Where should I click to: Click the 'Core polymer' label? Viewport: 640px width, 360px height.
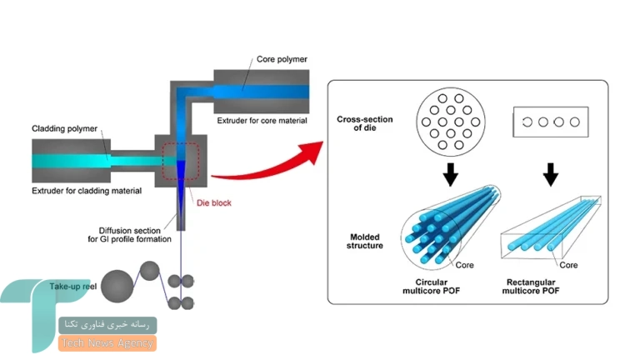tap(282, 59)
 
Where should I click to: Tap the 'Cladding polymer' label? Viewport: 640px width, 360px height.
tap(64, 128)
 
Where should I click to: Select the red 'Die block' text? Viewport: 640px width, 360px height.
tap(214, 202)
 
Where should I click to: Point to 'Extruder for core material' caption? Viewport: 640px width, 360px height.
tap(262, 121)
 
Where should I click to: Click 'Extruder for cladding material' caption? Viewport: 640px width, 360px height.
tap(87, 191)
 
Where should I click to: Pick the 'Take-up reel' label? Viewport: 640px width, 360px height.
tap(73, 286)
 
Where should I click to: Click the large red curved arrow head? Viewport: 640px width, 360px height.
tap(312, 151)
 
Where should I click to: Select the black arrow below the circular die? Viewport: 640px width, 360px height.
tap(450, 175)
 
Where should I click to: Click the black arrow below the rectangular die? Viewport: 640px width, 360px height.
tap(551, 175)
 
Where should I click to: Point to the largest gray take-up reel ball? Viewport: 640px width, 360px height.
tap(117, 286)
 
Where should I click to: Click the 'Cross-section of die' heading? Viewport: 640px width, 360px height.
tap(365, 123)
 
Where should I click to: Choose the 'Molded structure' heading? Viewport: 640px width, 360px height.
tap(365, 241)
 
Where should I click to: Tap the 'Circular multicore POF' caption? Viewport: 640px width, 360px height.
tap(431, 287)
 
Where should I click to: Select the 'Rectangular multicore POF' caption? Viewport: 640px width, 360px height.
tap(531, 287)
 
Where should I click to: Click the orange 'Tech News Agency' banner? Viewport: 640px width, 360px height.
tap(107, 343)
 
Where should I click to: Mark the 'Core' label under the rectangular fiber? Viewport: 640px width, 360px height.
tap(568, 265)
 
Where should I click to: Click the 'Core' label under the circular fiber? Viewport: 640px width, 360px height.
tap(464, 265)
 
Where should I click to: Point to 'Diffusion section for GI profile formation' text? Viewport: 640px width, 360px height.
tap(129, 235)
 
